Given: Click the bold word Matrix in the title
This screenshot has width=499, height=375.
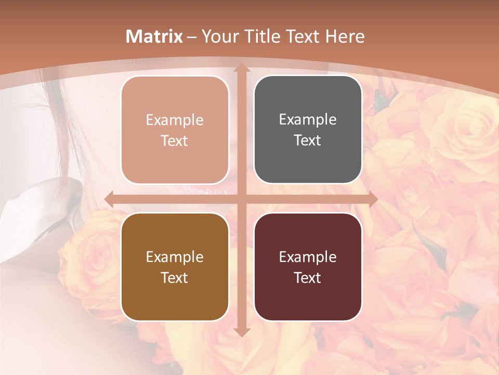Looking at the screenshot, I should click(154, 36).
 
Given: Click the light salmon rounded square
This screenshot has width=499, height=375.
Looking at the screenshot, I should click(175, 130).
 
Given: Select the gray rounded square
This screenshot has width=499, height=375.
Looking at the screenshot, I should click(308, 130).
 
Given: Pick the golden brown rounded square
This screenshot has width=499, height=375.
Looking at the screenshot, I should click(175, 267).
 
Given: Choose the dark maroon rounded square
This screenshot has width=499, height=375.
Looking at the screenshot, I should click(308, 267).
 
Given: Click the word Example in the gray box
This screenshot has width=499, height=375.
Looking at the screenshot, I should click(308, 119).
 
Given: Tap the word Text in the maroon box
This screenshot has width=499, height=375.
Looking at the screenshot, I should click(308, 278).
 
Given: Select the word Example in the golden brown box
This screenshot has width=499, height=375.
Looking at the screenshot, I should click(175, 257).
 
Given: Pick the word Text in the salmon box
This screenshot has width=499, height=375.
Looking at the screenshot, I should click(175, 141).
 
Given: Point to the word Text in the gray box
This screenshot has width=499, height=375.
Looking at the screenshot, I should click(308, 141).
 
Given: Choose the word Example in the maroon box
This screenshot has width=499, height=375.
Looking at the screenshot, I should click(308, 257).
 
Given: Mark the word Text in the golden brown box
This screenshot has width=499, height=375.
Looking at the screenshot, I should click(175, 278).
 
